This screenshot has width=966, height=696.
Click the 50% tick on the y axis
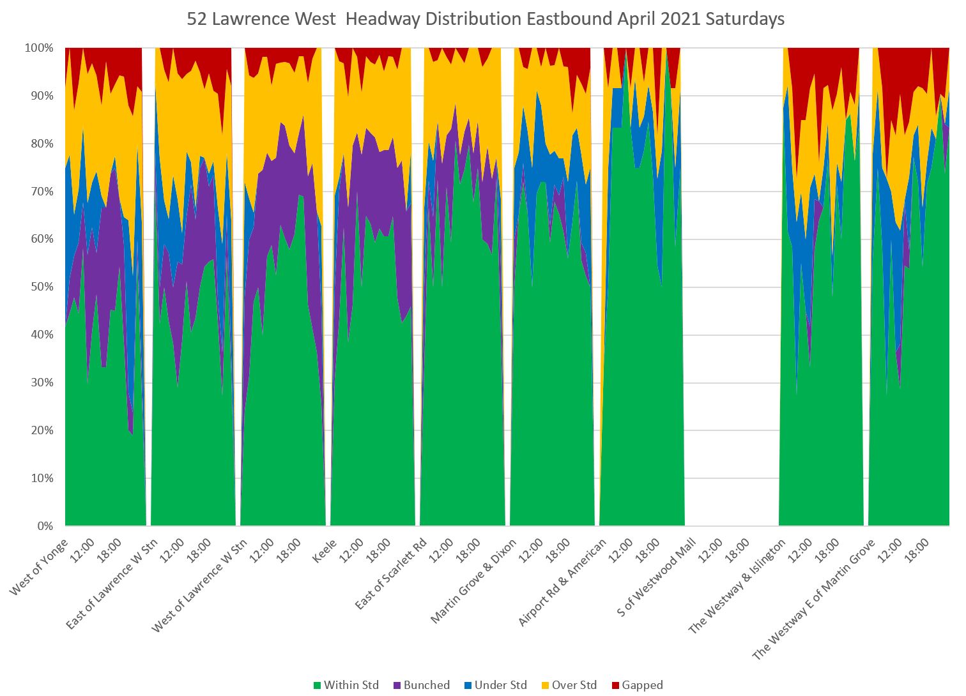click(42, 287)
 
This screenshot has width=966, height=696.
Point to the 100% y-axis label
click(39, 49)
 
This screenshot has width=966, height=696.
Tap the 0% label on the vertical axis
click(45, 526)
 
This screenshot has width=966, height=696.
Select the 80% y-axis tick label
click(42, 144)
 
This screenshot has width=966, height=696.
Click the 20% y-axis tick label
click(42, 430)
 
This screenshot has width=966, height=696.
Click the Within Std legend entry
click(346, 685)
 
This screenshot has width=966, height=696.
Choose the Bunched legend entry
click(421, 685)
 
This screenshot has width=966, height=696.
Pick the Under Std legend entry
click(495, 685)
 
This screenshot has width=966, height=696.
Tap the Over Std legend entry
click(569, 685)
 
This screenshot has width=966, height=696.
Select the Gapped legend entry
click(637, 685)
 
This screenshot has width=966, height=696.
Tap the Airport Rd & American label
click(562, 583)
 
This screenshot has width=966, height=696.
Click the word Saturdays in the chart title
click(745, 19)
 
